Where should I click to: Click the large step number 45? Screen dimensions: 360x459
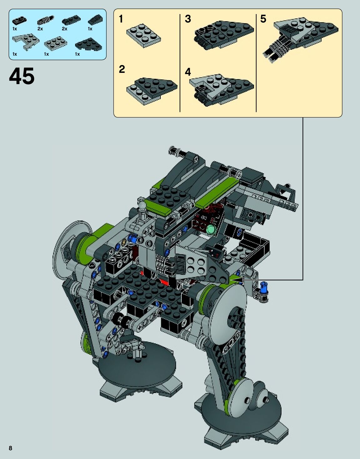click(22, 76)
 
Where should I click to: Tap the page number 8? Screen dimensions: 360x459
click(11, 448)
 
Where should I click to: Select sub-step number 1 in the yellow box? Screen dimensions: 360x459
click(121, 19)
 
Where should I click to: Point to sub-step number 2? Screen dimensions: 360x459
click(122, 69)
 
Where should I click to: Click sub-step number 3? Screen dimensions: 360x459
click(188, 19)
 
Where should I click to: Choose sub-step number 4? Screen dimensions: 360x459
click(188, 72)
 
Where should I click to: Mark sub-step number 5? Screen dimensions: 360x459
click(263, 19)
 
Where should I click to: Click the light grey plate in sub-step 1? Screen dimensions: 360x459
click(144, 36)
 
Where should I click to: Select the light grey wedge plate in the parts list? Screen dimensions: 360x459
click(26, 42)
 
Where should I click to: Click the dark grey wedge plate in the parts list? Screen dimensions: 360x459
click(89, 44)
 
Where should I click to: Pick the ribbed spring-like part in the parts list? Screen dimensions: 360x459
click(45, 21)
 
